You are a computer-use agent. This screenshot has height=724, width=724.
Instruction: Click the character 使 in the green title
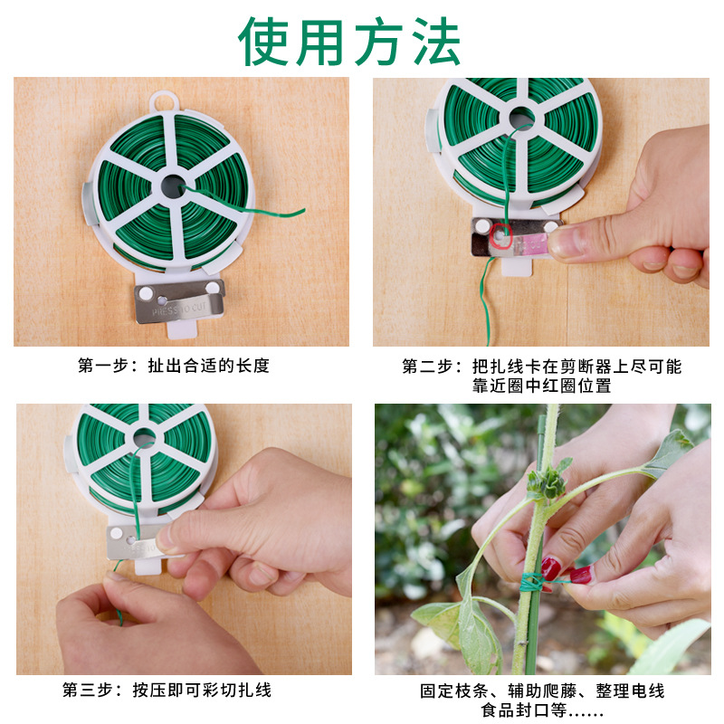[268, 41]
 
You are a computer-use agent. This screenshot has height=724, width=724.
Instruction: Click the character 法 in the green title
[433, 41]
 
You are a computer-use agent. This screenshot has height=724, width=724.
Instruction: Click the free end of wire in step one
[300, 212]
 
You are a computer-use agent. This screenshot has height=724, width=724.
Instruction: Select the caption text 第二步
[430, 366]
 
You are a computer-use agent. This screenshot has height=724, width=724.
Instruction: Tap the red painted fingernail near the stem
[550, 568]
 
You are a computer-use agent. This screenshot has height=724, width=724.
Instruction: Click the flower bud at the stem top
[546, 481]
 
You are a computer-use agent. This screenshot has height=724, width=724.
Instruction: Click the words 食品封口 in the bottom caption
[507, 710]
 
